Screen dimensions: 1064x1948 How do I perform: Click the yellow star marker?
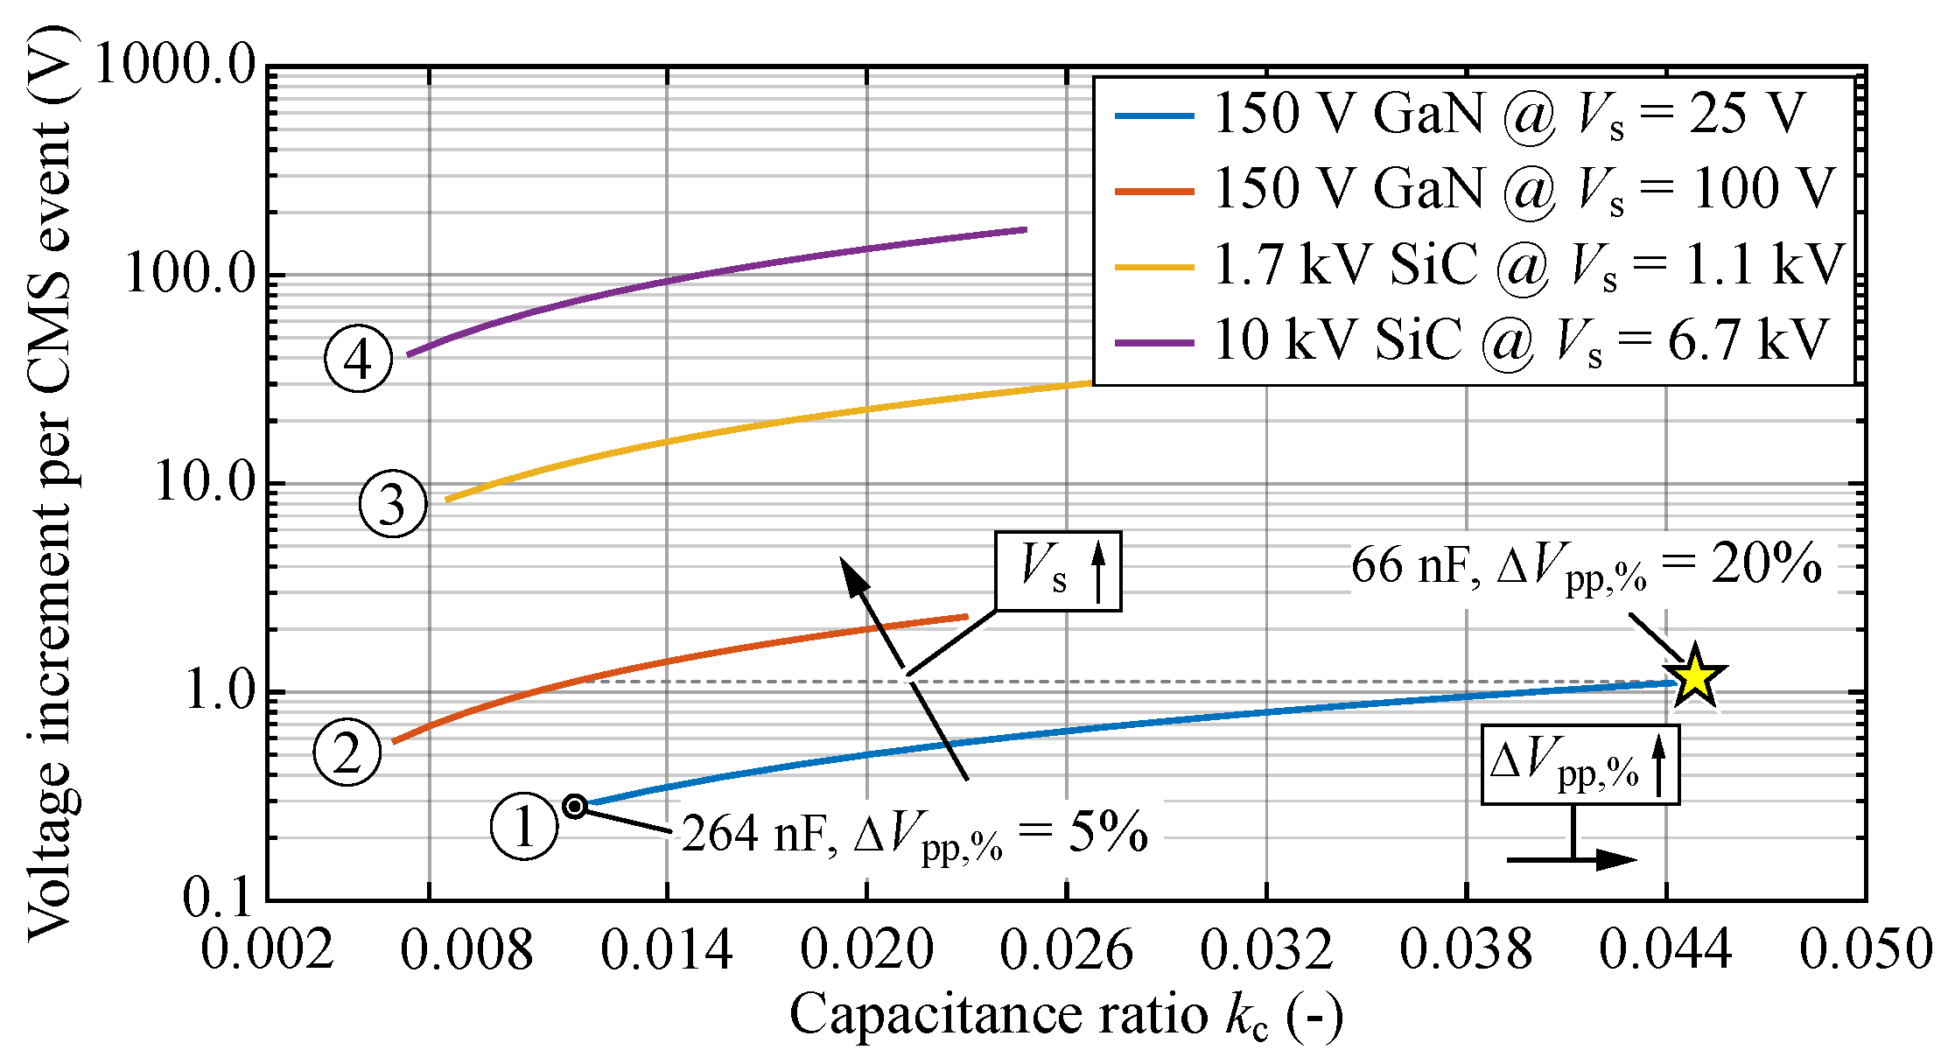pos(1695,675)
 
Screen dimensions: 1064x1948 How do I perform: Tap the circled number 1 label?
pos(524,826)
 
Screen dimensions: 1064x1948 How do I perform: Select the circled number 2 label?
pos(347,752)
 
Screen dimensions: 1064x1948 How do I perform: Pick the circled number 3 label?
pos(393,503)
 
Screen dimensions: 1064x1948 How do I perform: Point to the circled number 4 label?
pos(358,359)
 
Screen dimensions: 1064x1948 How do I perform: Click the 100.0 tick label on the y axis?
pos(190,273)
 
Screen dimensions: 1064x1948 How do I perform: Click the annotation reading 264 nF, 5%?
pos(914,834)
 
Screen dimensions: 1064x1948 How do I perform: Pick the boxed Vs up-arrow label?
pos(1058,570)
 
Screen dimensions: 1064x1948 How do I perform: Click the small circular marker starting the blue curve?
pos(575,806)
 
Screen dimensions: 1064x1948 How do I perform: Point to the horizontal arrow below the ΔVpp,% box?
pos(1571,859)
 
